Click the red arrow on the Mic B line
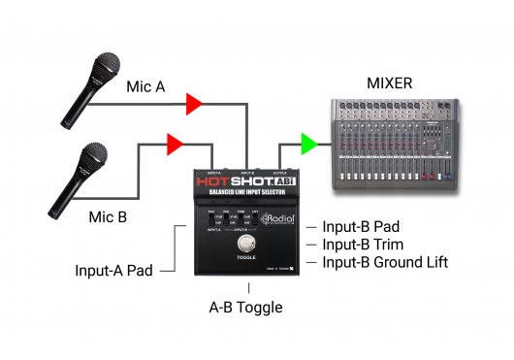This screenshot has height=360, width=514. [x=175, y=145]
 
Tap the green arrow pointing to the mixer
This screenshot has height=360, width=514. [x=309, y=145]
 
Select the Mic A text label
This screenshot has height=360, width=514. [x=145, y=86]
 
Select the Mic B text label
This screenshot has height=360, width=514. [x=110, y=215]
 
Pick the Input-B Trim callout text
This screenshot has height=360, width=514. [x=363, y=245]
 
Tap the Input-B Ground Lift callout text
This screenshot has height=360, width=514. [x=385, y=262]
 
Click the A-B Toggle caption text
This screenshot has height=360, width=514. [x=248, y=307]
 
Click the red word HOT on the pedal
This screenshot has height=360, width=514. [x=215, y=181]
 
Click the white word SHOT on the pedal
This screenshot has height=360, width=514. [x=251, y=181]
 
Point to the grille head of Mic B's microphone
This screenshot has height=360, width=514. [x=93, y=154]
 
